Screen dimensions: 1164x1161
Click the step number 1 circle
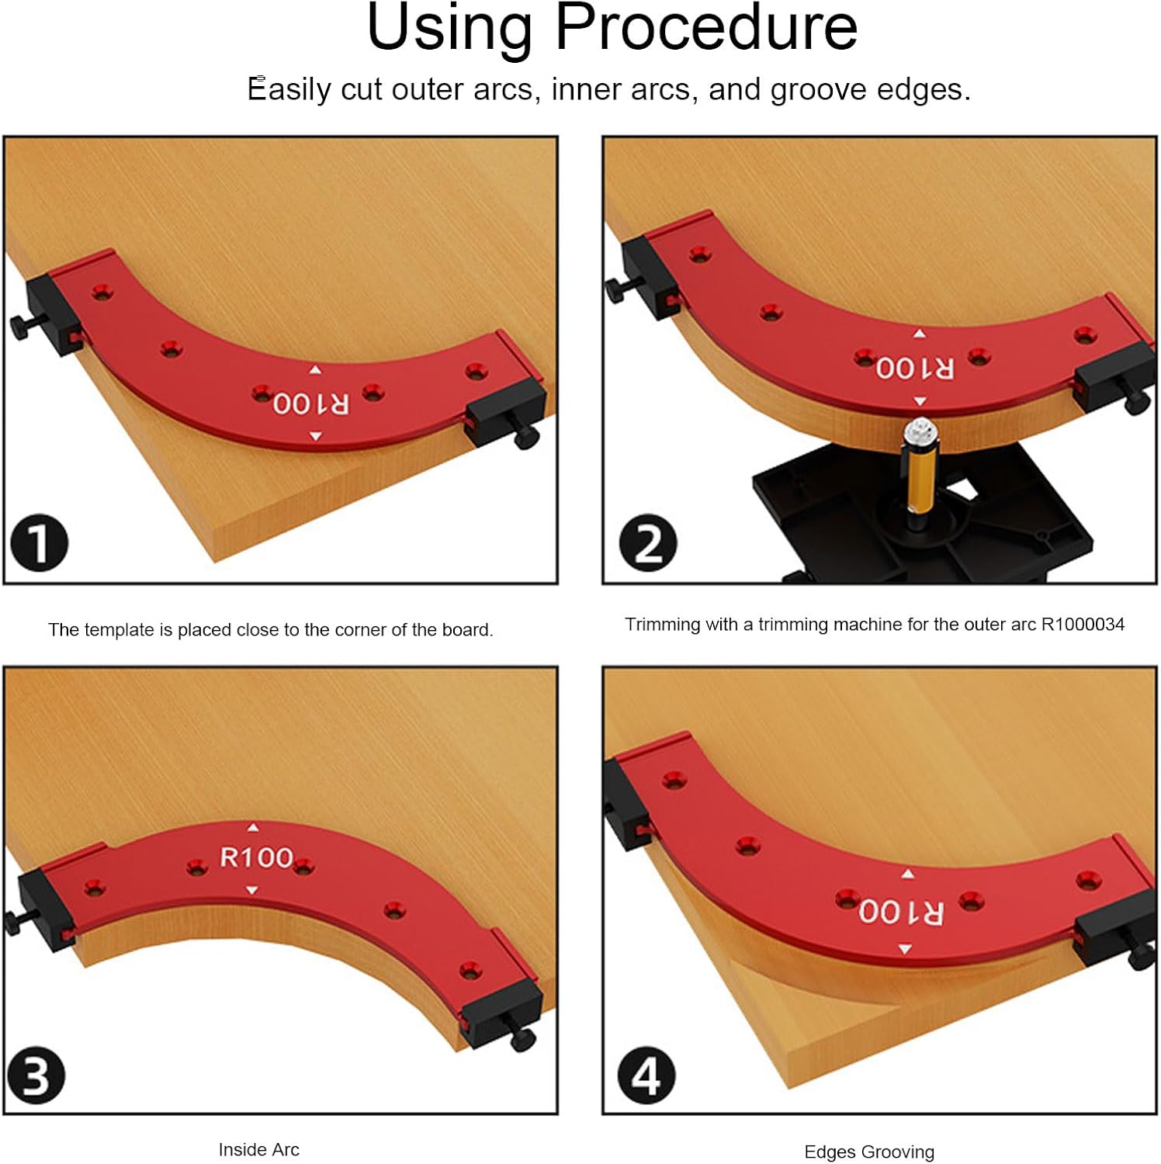39,542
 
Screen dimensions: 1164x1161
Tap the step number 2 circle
648,542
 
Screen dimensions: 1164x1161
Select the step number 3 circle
36,1076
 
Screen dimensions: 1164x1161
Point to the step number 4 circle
646,1076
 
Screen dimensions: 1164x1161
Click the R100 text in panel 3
256,857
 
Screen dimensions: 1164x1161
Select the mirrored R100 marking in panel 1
311,404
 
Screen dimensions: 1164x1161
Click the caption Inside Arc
258,1149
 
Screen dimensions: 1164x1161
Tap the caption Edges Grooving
869,1152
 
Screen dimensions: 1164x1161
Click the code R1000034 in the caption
1083,624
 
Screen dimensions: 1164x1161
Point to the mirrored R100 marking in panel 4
902,912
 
